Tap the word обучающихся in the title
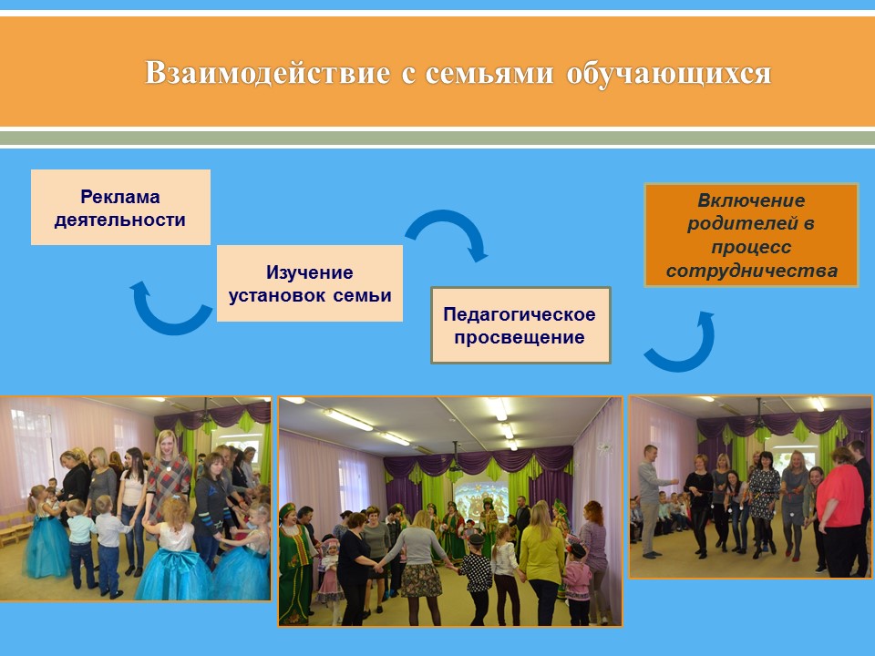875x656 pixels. point(668,73)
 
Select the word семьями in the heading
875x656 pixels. point(489,73)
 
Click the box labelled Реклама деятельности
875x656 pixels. point(120,207)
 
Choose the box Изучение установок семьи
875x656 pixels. point(310,283)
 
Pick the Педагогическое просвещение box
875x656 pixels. point(520,325)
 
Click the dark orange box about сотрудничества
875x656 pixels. point(751,235)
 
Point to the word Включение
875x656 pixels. point(751,200)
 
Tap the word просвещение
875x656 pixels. point(519,337)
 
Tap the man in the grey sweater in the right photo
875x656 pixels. point(651,500)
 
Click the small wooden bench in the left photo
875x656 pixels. point(14,528)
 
